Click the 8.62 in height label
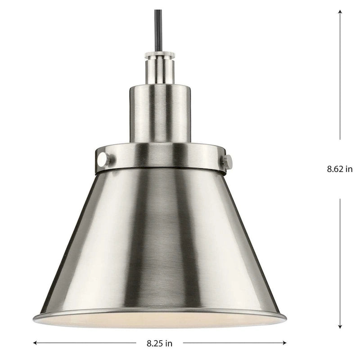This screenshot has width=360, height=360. (340, 169)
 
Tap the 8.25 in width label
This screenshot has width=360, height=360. (159, 343)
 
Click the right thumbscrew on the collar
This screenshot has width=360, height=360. (227, 162)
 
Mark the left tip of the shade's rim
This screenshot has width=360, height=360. (35, 319)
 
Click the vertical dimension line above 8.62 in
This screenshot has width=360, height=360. (340, 76)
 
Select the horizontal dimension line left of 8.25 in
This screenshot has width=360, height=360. (90, 343)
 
